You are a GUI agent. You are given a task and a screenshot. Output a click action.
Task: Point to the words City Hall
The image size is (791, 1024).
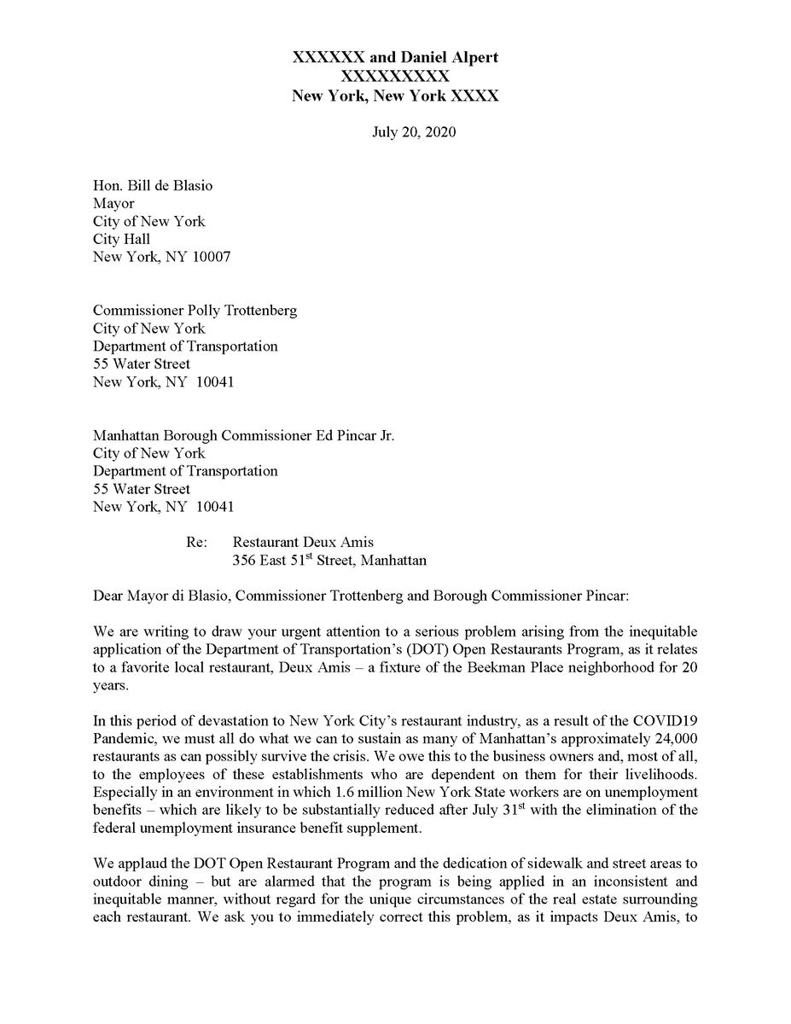click(x=121, y=239)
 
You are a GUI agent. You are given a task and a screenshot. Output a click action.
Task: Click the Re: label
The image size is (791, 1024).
click(x=196, y=542)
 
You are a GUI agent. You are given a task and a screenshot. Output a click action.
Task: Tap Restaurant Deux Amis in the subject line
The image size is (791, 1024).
click(x=303, y=542)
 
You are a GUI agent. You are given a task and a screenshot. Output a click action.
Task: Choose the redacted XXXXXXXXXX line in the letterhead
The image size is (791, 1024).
click(x=395, y=77)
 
